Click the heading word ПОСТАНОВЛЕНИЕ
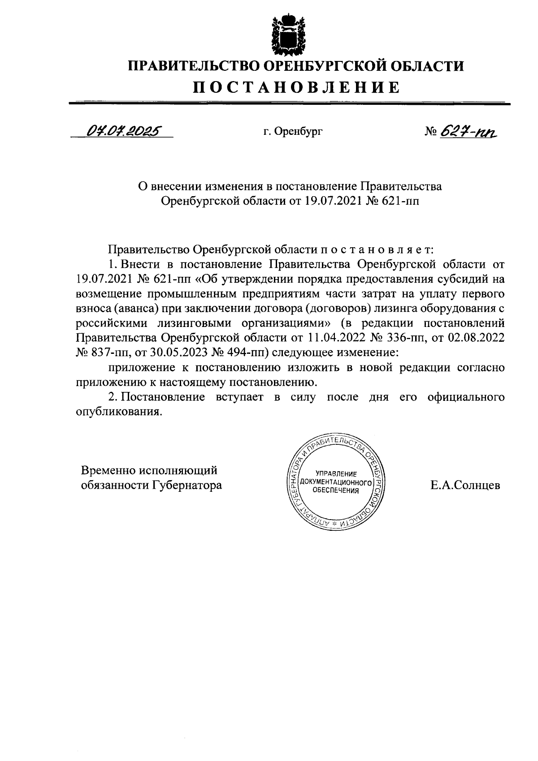point(296,87)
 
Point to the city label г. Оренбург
point(293,132)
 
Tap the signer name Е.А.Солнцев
point(465,485)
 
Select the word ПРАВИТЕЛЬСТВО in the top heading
point(191,66)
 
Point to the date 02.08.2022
point(476,337)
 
